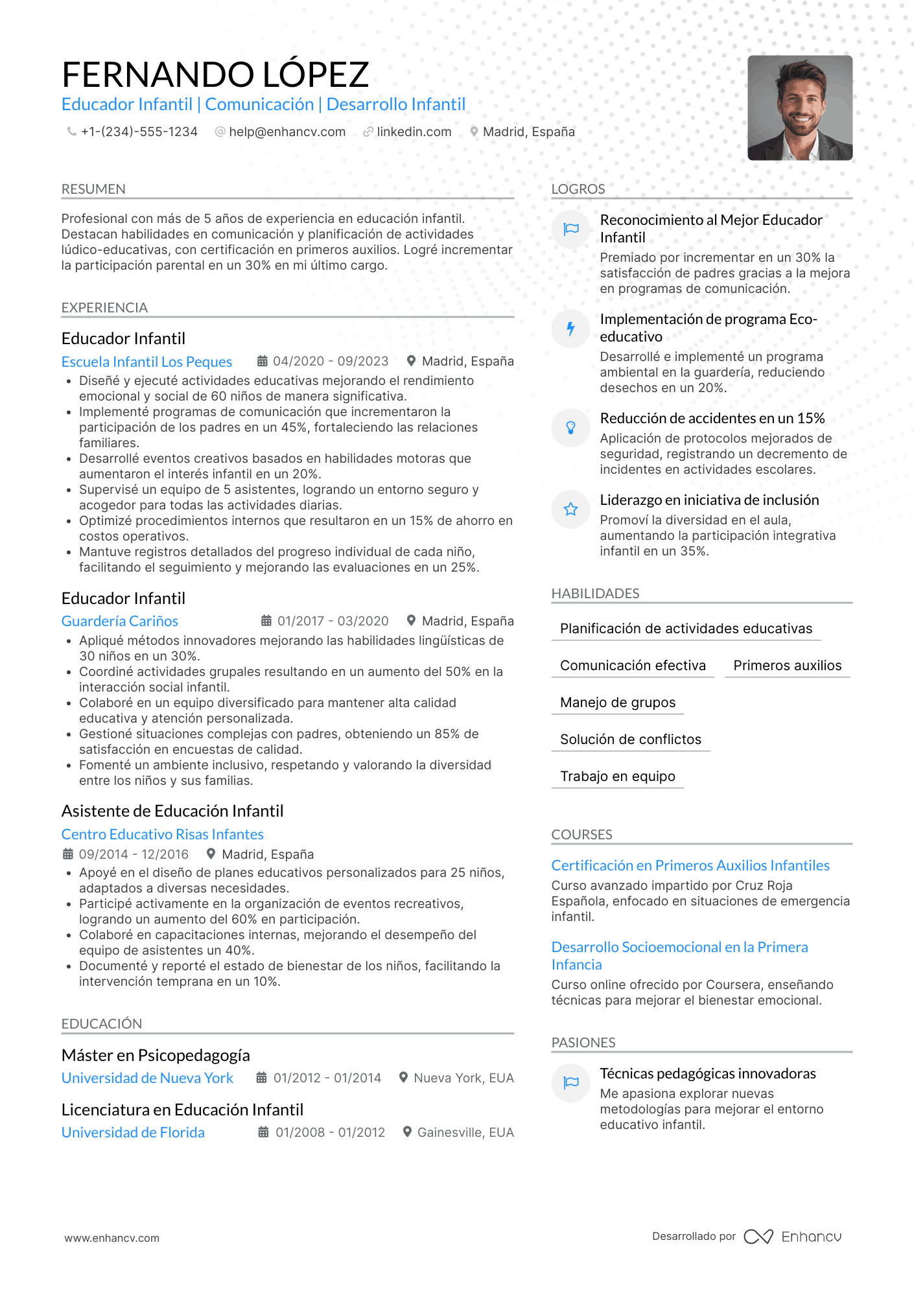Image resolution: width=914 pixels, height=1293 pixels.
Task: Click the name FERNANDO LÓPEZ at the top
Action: click(215, 75)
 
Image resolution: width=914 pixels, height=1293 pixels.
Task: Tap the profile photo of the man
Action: click(799, 108)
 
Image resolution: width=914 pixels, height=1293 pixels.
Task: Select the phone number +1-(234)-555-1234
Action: click(139, 132)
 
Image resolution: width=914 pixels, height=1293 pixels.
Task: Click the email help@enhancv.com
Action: click(287, 132)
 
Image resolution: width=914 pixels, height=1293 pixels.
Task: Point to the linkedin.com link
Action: click(414, 132)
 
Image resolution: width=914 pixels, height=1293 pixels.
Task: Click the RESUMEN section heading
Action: click(93, 189)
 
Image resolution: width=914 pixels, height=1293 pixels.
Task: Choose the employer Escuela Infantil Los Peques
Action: click(146, 362)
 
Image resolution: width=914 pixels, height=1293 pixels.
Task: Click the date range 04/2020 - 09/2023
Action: click(330, 361)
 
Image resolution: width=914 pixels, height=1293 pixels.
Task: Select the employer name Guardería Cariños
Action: click(120, 621)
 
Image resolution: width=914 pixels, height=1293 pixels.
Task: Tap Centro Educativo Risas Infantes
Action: click(162, 834)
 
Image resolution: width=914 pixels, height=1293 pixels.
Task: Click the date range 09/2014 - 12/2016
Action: click(134, 854)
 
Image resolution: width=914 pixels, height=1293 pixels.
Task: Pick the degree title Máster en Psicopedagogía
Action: click(156, 1055)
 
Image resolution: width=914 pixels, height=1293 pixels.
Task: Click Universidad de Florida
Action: click(133, 1132)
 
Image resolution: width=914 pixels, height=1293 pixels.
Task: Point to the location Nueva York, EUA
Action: click(463, 1078)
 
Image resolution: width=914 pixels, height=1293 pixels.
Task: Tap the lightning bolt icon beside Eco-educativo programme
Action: click(570, 329)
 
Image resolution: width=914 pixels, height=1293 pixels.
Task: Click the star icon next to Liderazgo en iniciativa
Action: click(570, 509)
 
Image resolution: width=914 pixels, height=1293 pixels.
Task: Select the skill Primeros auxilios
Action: click(787, 666)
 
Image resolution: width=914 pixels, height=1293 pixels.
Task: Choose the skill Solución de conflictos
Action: click(630, 740)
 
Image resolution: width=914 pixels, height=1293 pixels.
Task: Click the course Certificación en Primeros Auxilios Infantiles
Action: click(690, 865)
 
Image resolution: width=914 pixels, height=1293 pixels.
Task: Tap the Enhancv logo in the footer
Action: click(792, 1237)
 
